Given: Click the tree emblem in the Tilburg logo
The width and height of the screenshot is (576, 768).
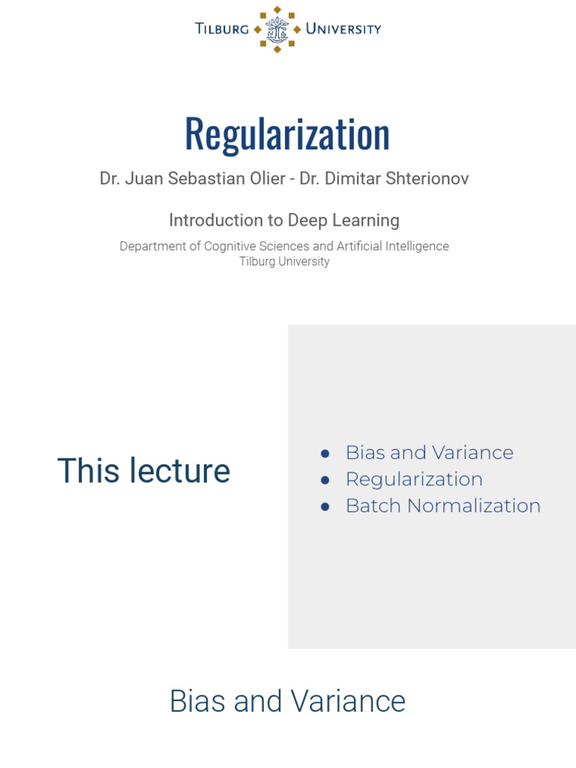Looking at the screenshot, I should [277, 29].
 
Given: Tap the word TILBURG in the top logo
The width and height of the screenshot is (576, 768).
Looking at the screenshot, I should [222, 29].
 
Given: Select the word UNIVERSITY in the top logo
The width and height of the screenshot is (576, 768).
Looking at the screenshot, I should [343, 29].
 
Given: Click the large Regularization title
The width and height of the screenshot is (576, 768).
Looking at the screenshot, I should [287, 133].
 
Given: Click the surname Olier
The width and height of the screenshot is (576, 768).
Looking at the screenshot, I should [262, 179].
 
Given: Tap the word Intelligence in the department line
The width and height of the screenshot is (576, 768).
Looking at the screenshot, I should [415, 246].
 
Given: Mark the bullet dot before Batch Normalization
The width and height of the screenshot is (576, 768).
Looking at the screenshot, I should [325, 506].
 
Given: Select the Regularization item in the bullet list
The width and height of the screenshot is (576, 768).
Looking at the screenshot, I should [414, 479].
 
